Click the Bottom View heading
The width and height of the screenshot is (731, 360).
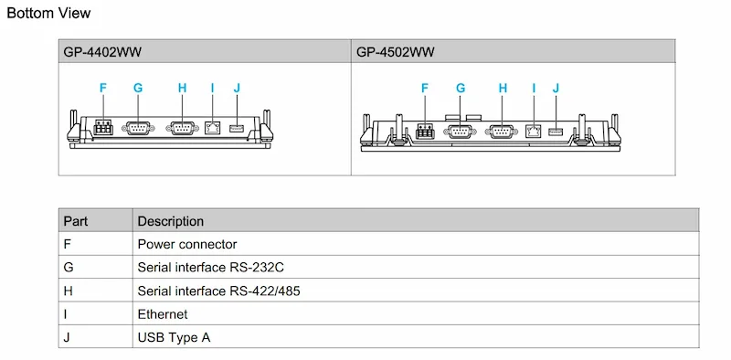[48, 13]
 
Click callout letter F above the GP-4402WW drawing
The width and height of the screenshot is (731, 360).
[103, 88]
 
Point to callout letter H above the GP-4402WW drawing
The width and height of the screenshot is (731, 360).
[182, 88]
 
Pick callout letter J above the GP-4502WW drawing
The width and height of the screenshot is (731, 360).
[556, 88]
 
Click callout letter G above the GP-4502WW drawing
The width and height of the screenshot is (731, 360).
[461, 88]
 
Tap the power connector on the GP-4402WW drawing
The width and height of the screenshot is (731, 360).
[103, 127]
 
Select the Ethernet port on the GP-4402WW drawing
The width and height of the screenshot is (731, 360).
[212, 127]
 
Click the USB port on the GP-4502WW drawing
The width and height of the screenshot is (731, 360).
[556, 132]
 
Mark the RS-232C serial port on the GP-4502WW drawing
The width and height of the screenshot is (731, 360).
[461, 132]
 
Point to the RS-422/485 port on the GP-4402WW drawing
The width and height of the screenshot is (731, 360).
[182, 128]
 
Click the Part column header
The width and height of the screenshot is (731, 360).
[76, 220]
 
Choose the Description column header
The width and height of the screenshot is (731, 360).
[171, 221]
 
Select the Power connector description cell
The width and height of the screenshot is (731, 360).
[187, 244]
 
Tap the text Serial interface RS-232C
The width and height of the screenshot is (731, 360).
[211, 267]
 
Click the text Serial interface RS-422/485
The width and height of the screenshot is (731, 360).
[218, 291]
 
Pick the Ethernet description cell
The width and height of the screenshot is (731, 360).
[163, 313]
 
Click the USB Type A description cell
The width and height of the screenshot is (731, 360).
[174, 337]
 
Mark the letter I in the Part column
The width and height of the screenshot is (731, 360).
[65, 313]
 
